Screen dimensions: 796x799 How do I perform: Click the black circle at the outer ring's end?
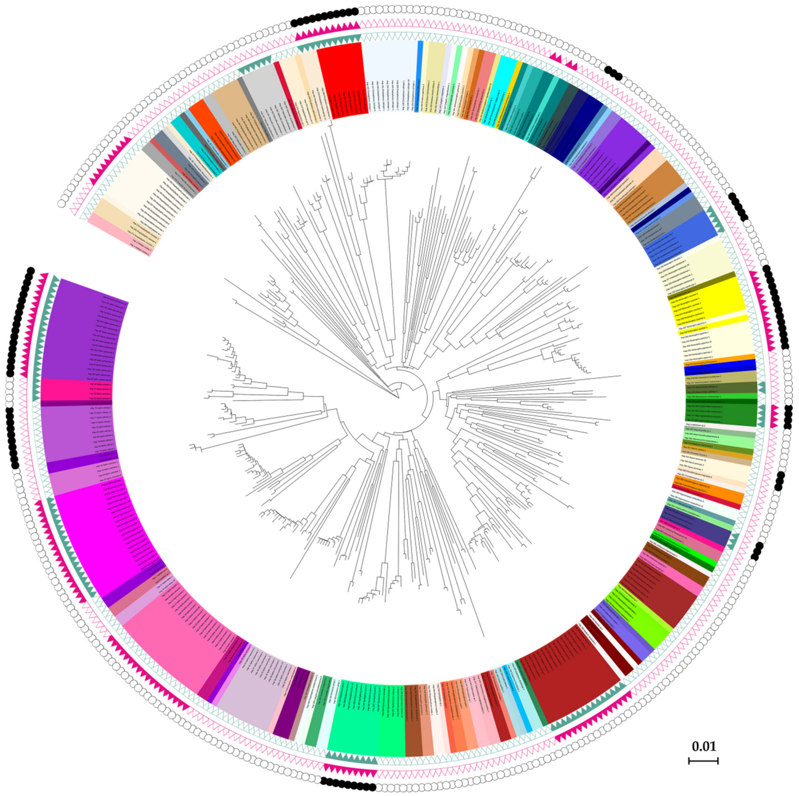pyautogui.click(x=30, y=271)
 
